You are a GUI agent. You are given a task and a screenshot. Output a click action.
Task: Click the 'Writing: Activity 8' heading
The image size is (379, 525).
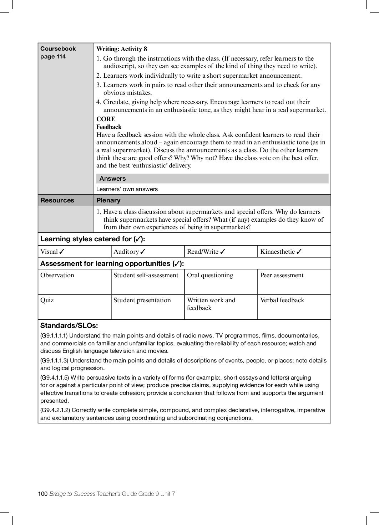[x=122, y=49]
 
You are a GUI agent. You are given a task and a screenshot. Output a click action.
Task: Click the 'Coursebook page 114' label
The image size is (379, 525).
[x=58, y=52]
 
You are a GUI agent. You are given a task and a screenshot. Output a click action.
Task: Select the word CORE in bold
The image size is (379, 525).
[x=106, y=119]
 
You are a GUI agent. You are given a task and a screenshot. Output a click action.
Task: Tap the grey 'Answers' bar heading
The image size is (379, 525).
[x=112, y=179]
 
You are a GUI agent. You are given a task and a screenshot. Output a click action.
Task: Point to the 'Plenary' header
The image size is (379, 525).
[x=108, y=200]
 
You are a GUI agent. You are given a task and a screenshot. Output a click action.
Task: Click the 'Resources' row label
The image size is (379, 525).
[x=57, y=200]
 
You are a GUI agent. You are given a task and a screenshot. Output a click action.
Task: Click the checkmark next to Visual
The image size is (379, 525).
[x=62, y=252]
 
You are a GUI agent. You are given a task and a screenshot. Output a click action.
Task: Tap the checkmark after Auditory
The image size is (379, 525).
[x=143, y=252]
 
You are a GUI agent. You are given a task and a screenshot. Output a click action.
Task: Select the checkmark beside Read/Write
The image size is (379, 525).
[x=223, y=252]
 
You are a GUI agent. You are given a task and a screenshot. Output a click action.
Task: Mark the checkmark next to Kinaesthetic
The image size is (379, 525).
[x=299, y=252]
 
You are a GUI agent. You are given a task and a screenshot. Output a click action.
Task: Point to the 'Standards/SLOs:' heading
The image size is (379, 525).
[x=69, y=325]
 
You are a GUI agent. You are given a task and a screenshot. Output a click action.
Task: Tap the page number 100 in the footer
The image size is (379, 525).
[x=42, y=494]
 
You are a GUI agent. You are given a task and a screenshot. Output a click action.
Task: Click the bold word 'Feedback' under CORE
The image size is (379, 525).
[x=109, y=127]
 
